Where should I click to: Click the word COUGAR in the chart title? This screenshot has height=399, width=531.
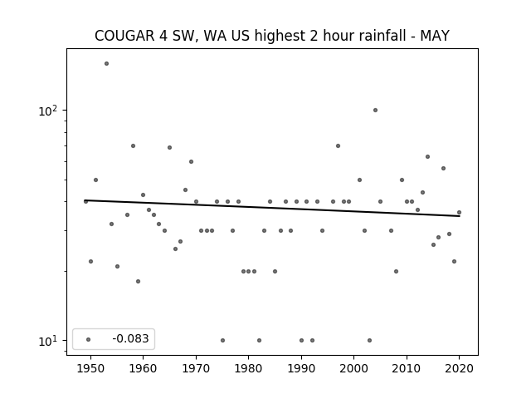pyautogui.click(x=124, y=36)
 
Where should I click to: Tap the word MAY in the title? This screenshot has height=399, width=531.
pyautogui.click(x=435, y=36)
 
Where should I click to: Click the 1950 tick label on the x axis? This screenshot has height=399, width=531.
pyautogui.click(x=90, y=368)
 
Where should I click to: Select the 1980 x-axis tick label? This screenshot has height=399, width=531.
pyautogui.click(x=249, y=368)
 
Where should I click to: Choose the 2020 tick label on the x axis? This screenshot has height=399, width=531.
pyautogui.click(x=459, y=368)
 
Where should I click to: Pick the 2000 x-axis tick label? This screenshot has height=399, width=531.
pyautogui.click(x=354, y=368)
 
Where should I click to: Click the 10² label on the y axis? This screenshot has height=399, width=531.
pyautogui.click(x=48, y=111)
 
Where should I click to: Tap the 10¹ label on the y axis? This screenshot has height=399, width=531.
pyautogui.click(x=48, y=341)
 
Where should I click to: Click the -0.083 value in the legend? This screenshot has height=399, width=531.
pyautogui.click(x=130, y=338)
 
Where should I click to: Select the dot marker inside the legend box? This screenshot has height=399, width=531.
pyautogui.click(x=89, y=339)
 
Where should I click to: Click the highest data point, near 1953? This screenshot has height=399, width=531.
pyautogui.click(x=106, y=63)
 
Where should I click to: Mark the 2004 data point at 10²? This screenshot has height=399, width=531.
pyautogui.click(x=375, y=110)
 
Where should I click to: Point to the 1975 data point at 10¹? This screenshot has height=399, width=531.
pyautogui.click(x=222, y=340)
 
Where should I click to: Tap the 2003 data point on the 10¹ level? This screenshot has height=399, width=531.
pyautogui.click(x=369, y=340)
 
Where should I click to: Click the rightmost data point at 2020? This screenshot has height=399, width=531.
pyautogui.click(x=459, y=213)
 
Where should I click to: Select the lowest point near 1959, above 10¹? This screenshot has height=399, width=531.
pyautogui.click(x=138, y=281)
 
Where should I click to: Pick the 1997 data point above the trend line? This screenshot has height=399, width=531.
pyautogui.click(x=338, y=146)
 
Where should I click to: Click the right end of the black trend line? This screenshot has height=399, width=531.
pyautogui.click(x=460, y=216)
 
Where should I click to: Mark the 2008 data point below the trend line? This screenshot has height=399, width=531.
pyautogui.click(x=396, y=272)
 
